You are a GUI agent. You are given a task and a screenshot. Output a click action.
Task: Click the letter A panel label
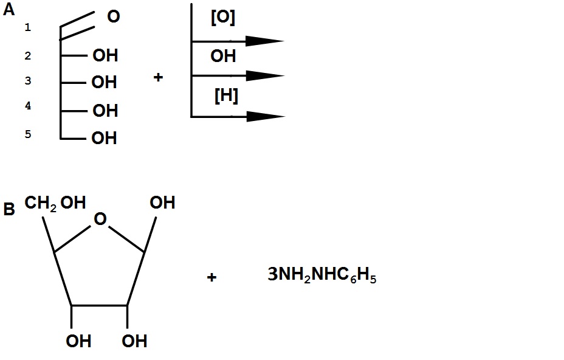pos(9,10)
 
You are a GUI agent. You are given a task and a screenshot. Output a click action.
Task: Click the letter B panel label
pos(9,210)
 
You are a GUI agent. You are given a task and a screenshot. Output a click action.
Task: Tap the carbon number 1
pos(27,27)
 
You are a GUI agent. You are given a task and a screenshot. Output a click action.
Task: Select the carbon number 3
pos(27,81)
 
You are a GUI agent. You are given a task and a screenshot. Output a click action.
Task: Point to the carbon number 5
pos(27,134)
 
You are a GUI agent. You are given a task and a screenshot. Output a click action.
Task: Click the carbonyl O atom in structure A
pos(113,17)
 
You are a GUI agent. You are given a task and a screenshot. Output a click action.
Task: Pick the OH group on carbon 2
pos(105,56)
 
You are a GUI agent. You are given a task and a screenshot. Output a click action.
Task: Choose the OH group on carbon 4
pos(105,111)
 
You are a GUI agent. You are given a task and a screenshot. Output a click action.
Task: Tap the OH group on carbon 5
pos(104,139)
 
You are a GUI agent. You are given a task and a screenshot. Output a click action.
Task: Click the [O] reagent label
pos(223,18)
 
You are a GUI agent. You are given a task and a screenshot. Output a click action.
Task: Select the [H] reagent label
pos(226,95)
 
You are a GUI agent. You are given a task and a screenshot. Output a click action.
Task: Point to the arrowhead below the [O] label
pos(265,41)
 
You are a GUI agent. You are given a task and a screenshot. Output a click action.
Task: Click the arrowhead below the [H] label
pos(266,116)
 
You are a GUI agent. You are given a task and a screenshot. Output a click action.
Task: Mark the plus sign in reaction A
pos(158,78)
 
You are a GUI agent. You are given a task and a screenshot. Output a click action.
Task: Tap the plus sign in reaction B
pos(211,278)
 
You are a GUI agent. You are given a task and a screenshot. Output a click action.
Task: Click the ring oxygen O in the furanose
pos(100,219)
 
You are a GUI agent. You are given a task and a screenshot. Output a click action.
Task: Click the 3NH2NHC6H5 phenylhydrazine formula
pos(322,277)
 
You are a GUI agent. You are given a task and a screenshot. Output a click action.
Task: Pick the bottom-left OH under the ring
pos(78,341)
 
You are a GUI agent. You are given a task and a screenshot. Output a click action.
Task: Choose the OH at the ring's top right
pos(162,202)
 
